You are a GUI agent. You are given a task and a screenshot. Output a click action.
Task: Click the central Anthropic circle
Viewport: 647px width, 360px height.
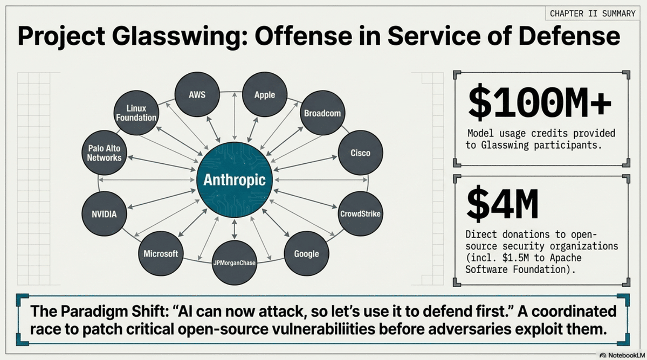235,179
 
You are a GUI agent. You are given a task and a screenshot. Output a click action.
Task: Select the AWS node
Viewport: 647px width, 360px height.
197,95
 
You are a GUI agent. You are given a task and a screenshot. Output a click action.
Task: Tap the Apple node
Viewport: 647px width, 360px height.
264,95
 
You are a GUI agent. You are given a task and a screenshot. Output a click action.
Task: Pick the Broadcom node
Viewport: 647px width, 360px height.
322,114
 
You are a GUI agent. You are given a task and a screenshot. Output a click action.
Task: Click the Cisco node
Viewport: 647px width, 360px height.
360,153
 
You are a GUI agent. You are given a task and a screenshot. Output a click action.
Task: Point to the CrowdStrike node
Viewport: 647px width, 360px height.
360,214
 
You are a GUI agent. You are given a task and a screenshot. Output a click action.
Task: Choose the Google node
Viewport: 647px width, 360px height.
306,254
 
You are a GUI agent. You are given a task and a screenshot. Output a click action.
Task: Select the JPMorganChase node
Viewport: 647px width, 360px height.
234,263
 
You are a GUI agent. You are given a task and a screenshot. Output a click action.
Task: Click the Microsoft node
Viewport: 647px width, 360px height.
161,254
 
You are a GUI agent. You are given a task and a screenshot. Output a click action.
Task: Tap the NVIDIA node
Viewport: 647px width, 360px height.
104,214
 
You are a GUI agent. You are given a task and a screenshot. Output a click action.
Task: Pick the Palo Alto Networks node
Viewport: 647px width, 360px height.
104,153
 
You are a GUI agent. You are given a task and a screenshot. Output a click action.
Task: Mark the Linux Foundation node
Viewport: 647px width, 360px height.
137,113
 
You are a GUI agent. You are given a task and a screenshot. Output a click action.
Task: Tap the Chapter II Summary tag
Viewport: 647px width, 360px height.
593,13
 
